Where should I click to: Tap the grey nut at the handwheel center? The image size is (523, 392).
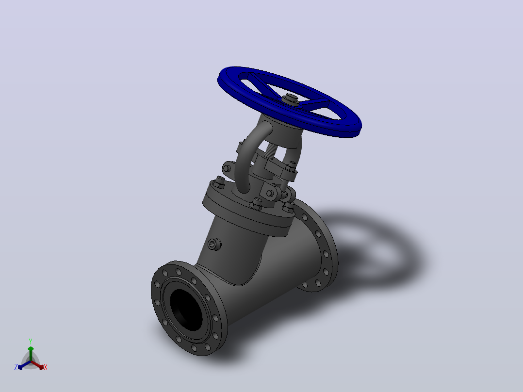pyautogui.click(x=290, y=100)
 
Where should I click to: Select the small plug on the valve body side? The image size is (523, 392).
pyautogui.click(x=214, y=245)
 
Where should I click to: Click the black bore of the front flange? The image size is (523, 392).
pyautogui.click(x=186, y=309)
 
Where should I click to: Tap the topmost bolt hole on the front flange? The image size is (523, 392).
pyautogui.click(x=178, y=271)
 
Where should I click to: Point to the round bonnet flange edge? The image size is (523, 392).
pyautogui.click(x=247, y=218)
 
